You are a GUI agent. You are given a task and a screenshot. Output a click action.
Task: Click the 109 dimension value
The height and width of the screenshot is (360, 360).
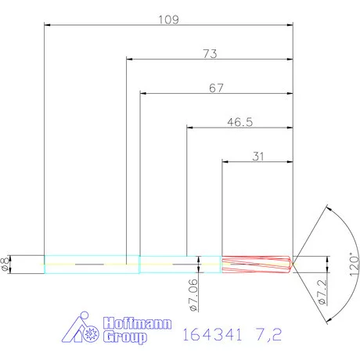point(169,19)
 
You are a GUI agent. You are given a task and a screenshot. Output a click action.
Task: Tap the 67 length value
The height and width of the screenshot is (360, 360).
point(217,88)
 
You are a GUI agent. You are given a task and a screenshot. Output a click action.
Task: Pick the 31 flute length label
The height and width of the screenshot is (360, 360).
point(258,157)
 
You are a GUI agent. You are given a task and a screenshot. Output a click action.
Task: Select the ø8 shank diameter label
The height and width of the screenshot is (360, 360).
point(5,264)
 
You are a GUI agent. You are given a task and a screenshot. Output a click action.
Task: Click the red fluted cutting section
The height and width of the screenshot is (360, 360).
point(255,264)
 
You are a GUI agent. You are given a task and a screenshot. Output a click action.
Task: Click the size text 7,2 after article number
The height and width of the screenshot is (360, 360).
point(267,334)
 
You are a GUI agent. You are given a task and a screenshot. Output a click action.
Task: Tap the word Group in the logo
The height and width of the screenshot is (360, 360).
point(125,338)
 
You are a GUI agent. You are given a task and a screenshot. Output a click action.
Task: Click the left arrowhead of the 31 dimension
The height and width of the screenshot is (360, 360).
point(226,162)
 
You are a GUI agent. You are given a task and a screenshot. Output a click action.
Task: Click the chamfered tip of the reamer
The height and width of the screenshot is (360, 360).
point(291,264)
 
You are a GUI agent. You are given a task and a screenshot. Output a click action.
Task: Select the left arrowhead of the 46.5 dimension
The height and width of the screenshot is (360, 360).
point(189,128)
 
